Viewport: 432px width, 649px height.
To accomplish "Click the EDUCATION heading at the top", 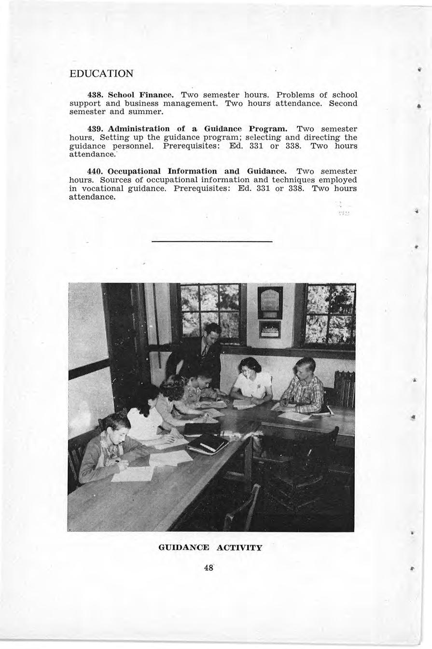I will tap(101, 74).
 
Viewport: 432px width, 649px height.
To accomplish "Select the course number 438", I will tap(95, 95).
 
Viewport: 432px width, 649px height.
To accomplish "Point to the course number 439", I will tap(95, 129).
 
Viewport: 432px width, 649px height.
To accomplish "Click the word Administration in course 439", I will tap(139, 129).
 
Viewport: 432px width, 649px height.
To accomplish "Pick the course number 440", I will tap(95, 171).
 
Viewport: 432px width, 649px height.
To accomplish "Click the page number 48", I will tap(209, 568).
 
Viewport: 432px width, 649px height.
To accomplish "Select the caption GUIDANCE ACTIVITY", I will tap(210, 548).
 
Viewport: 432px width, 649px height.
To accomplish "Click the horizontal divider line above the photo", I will tap(212, 241).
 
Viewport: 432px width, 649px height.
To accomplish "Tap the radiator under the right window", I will tap(344, 388).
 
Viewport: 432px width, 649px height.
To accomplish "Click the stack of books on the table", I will tap(208, 443).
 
